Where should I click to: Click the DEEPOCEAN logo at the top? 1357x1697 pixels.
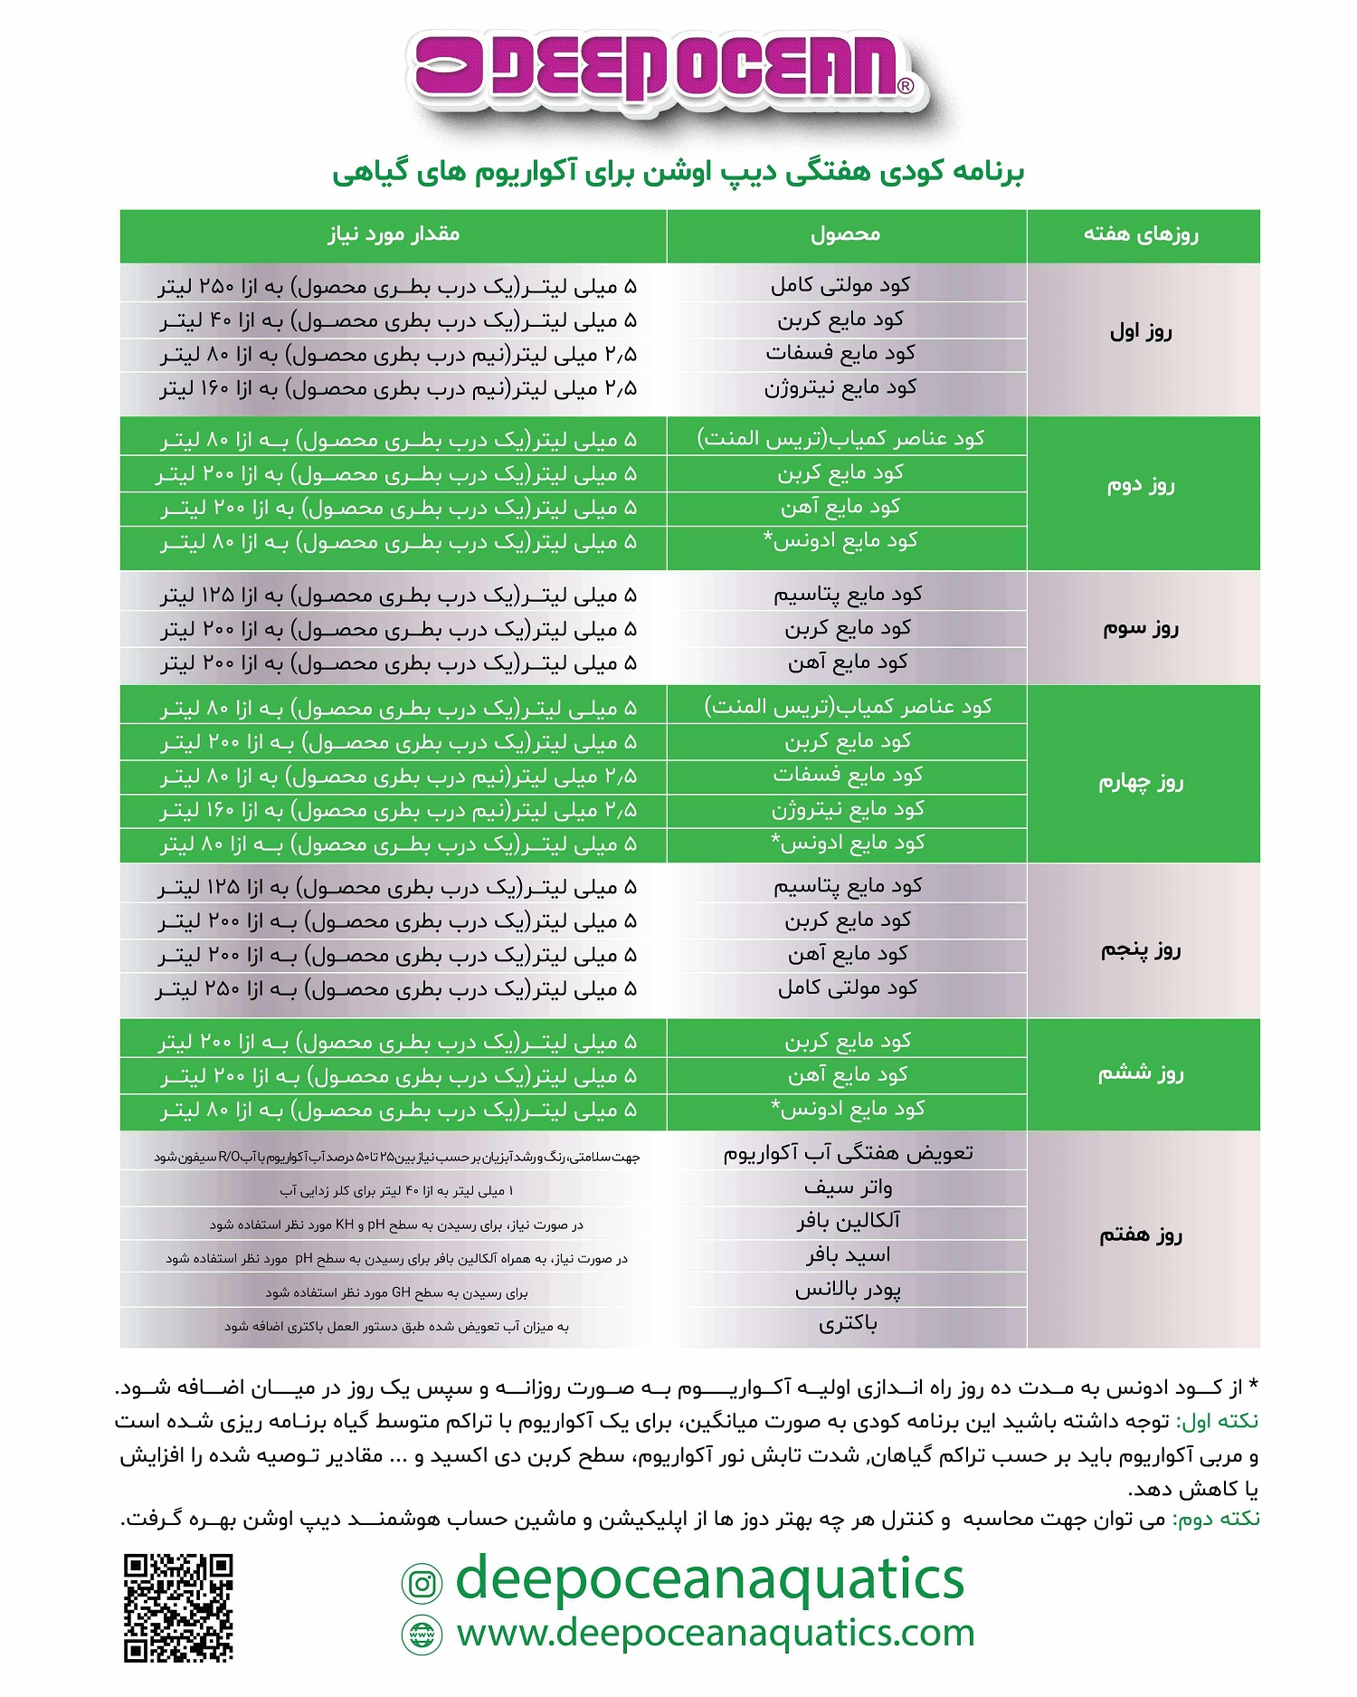665,68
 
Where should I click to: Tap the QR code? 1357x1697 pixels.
178,1607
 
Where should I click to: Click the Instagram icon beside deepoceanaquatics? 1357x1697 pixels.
422,1583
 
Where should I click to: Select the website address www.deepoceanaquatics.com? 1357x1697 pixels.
715,1633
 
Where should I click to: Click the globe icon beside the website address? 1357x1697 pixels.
422,1635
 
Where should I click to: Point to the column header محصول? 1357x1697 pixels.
846,234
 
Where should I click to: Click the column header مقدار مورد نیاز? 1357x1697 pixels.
394,234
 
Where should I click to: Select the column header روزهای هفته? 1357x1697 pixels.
1142,234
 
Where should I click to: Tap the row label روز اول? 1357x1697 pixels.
1141,331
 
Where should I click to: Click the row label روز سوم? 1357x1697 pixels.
1141,627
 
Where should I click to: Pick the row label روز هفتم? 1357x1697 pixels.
1141,1235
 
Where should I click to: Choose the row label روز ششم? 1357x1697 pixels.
1141,1073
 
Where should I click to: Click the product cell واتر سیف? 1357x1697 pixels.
848,1187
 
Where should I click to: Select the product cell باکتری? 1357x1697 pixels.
848,1323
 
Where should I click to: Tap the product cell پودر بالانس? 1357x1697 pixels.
848,1290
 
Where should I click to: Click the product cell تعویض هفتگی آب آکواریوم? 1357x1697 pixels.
848,1153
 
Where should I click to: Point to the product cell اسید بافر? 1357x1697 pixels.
848,1255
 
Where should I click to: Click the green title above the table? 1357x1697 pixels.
678,172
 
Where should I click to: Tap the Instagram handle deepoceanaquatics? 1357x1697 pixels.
710,1579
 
